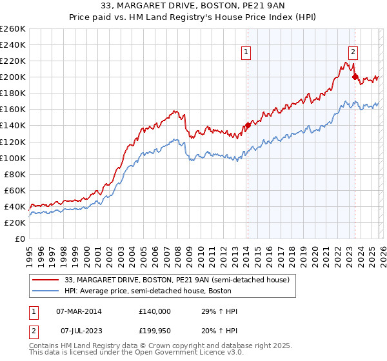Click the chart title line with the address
[x=193, y=6]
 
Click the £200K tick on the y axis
[x=13, y=77]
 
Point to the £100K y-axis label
[x=13, y=158]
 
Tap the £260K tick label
[x=13, y=29]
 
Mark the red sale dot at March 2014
[x=248, y=125]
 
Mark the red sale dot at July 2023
[x=354, y=77]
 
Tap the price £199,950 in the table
[x=154, y=330]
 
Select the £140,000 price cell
[x=154, y=311]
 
